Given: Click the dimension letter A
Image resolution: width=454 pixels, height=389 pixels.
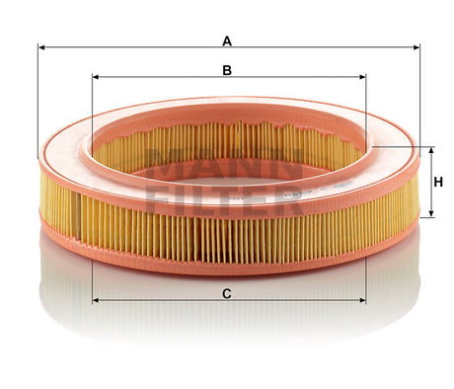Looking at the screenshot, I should [x=227, y=40].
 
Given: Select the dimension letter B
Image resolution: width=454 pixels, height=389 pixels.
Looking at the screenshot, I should [x=227, y=70].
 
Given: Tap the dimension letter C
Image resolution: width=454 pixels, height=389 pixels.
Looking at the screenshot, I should [x=227, y=293].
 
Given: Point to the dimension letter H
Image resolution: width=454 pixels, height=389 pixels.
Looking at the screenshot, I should [x=438, y=181].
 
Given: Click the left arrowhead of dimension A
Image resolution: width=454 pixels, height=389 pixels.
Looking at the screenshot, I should [x=41, y=46].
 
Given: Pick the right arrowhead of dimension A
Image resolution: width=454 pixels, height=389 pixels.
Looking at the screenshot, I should [x=416, y=46].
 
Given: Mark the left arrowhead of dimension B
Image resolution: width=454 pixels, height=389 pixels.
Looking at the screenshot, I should [x=95, y=76].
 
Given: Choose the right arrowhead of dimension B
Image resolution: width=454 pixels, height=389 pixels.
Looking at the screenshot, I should [x=361, y=76].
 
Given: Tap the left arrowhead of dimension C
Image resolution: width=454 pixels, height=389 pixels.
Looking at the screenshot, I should [x=95, y=300].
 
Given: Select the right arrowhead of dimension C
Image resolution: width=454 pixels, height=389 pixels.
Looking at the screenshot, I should [x=361, y=300].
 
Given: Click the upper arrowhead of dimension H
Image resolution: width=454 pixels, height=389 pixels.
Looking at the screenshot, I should [x=431, y=149].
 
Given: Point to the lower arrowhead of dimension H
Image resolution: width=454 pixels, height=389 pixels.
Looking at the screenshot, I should [x=431, y=212].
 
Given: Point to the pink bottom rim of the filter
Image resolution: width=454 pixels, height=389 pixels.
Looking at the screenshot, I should [x=227, y=271].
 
